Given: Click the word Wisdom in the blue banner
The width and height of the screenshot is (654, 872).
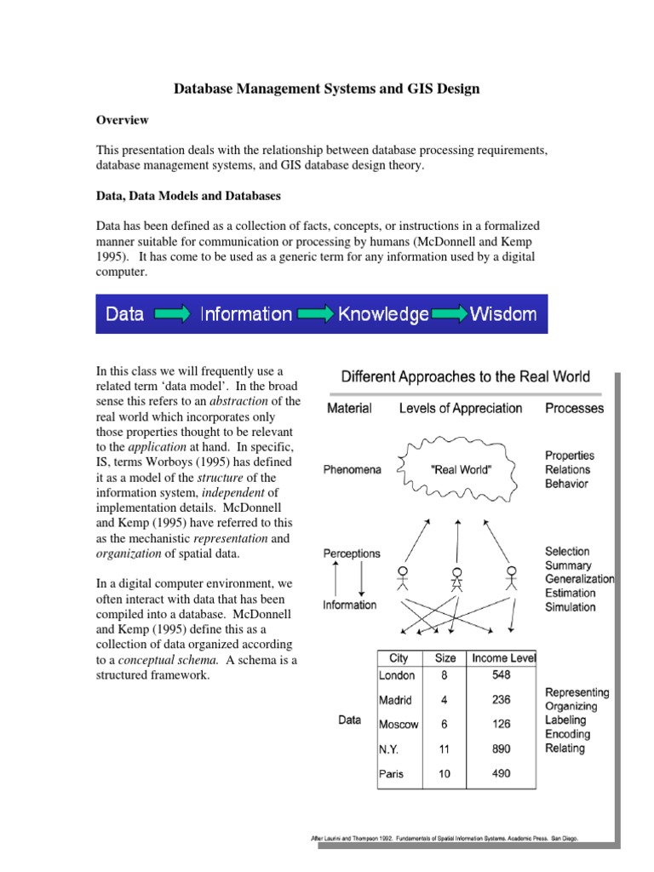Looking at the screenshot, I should point(503,314).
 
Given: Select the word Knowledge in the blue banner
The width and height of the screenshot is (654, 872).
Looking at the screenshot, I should point(383,314).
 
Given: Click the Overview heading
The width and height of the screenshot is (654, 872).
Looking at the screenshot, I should point(123,120).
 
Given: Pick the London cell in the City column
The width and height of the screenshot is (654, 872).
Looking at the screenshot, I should point(398,675).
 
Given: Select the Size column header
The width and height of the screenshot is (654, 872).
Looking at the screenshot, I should point(445,657).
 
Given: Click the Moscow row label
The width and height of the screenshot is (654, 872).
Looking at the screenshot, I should point(399,725).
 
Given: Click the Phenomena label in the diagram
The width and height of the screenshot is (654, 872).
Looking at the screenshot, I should point(351,469).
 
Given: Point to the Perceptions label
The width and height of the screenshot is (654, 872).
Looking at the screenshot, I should point(351,554).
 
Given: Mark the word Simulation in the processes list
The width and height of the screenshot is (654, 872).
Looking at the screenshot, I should point(570,607).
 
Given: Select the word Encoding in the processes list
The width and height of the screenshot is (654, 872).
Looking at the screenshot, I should point(567,734).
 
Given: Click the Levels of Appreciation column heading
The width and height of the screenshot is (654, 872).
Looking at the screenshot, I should point(461,408).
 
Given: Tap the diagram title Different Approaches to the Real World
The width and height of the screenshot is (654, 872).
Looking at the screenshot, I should point(465,376).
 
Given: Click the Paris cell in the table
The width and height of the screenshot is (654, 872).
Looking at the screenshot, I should point(393,774).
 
